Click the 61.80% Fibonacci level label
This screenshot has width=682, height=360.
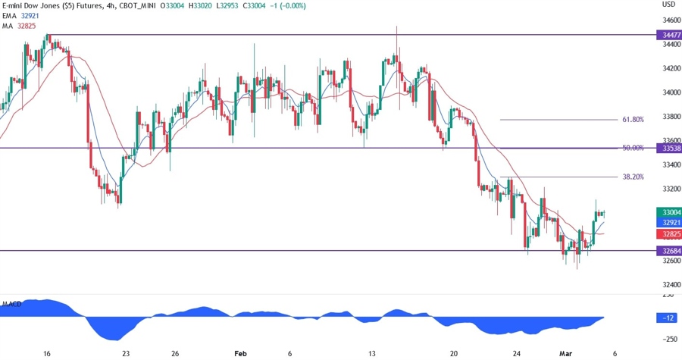(x=633, y=120)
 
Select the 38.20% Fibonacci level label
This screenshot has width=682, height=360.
(x=633, y=177)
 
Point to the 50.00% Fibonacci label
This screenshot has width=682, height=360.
(x=633, y=148)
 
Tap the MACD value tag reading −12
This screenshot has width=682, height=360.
(x=670, y=318)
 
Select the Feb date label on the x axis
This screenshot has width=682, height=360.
(x=241, y=353)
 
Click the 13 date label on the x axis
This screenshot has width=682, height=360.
(x=371, y=353)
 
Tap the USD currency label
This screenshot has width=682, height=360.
(x=669, y=5)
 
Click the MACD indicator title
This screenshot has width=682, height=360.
(x=11, y=304)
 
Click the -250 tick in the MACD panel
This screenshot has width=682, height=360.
(x=669, y=339)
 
